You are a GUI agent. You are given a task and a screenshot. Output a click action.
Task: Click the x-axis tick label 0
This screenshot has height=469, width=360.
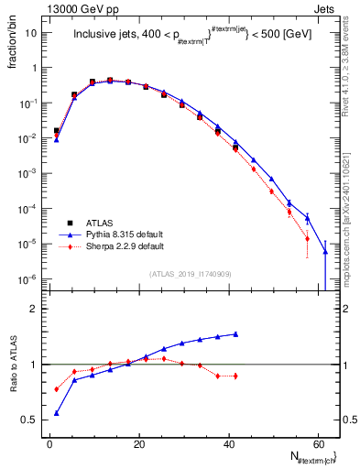(49, 443)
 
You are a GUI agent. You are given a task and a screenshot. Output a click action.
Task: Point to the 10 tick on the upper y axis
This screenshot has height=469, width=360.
(31, 32)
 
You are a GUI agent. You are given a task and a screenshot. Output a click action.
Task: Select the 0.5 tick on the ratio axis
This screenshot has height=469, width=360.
(29, 420)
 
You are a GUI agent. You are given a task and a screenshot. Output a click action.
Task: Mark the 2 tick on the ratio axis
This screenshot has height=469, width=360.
(33, 309)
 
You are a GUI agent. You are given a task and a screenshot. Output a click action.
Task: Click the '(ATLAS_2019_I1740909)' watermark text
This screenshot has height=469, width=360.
(190, 275)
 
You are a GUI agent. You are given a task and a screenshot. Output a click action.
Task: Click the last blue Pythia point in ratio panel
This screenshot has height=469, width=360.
(235, 334)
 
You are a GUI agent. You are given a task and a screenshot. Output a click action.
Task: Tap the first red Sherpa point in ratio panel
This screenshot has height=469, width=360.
(57, 389)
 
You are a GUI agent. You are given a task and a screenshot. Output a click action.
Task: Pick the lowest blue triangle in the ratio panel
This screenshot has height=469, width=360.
(57, 413)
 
